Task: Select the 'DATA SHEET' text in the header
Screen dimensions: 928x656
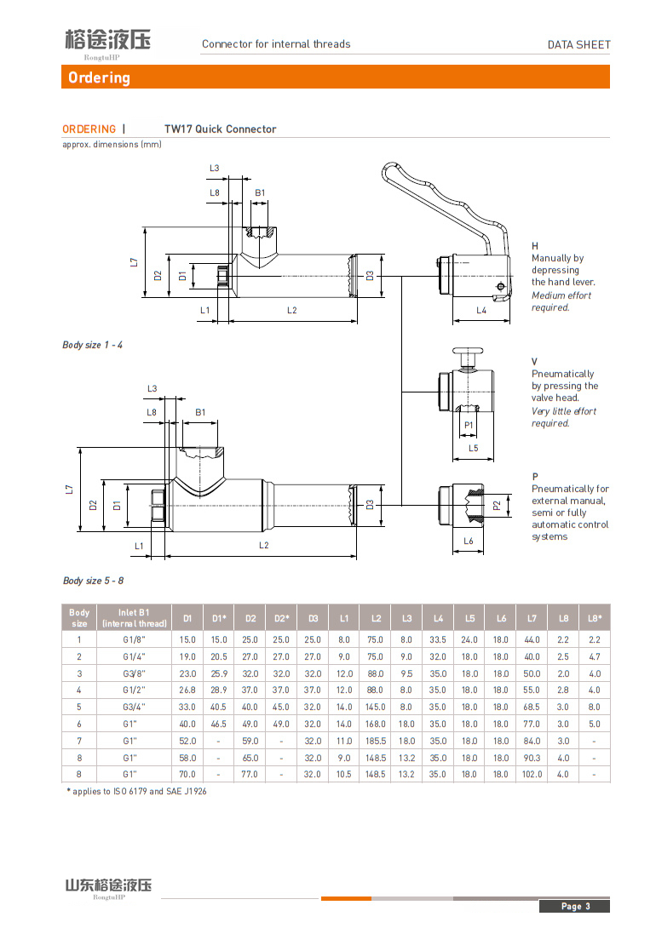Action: point(578,44)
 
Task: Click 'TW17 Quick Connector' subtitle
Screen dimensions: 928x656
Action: point(220,129)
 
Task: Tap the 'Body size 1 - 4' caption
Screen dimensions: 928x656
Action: point(92,345)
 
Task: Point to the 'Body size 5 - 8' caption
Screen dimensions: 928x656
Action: point(93,581)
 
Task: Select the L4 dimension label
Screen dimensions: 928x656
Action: point(481,311)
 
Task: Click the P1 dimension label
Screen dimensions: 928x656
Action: point(469,425)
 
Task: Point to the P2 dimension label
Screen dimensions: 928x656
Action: point(497,506)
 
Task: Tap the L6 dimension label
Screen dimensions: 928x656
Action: point(469,541)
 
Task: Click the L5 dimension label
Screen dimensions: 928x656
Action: point(473,448)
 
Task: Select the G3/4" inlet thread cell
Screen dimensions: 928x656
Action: point(133,707)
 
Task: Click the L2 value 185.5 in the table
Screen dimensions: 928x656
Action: point(376,741)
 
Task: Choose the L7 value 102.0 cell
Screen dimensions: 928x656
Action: point(532,775)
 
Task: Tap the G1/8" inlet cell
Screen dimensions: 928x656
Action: point(133,639)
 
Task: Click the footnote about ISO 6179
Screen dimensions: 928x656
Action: point(136,792)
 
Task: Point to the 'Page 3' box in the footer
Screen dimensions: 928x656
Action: point(575,906)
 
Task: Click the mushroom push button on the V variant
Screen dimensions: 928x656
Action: point(466,352)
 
